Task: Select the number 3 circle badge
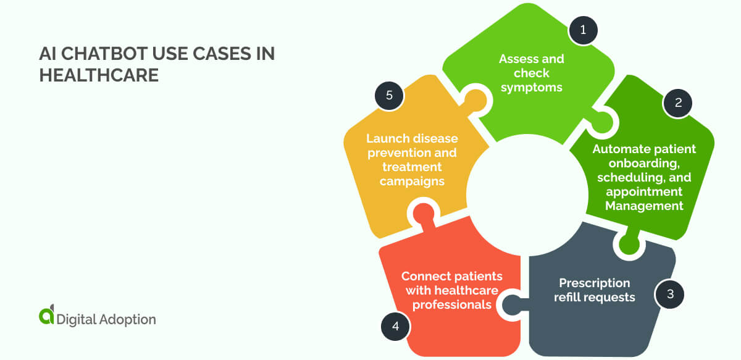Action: pos(669,295)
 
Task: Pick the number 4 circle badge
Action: pos(395,326)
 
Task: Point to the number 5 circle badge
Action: pos(389,96)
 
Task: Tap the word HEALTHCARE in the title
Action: pos(99,75)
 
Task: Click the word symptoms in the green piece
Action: pos(532,87)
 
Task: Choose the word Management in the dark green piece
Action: pos(644,206)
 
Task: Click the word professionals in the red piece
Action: pos(451,304)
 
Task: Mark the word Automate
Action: pos(619,149)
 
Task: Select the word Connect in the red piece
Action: pos(425,275)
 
